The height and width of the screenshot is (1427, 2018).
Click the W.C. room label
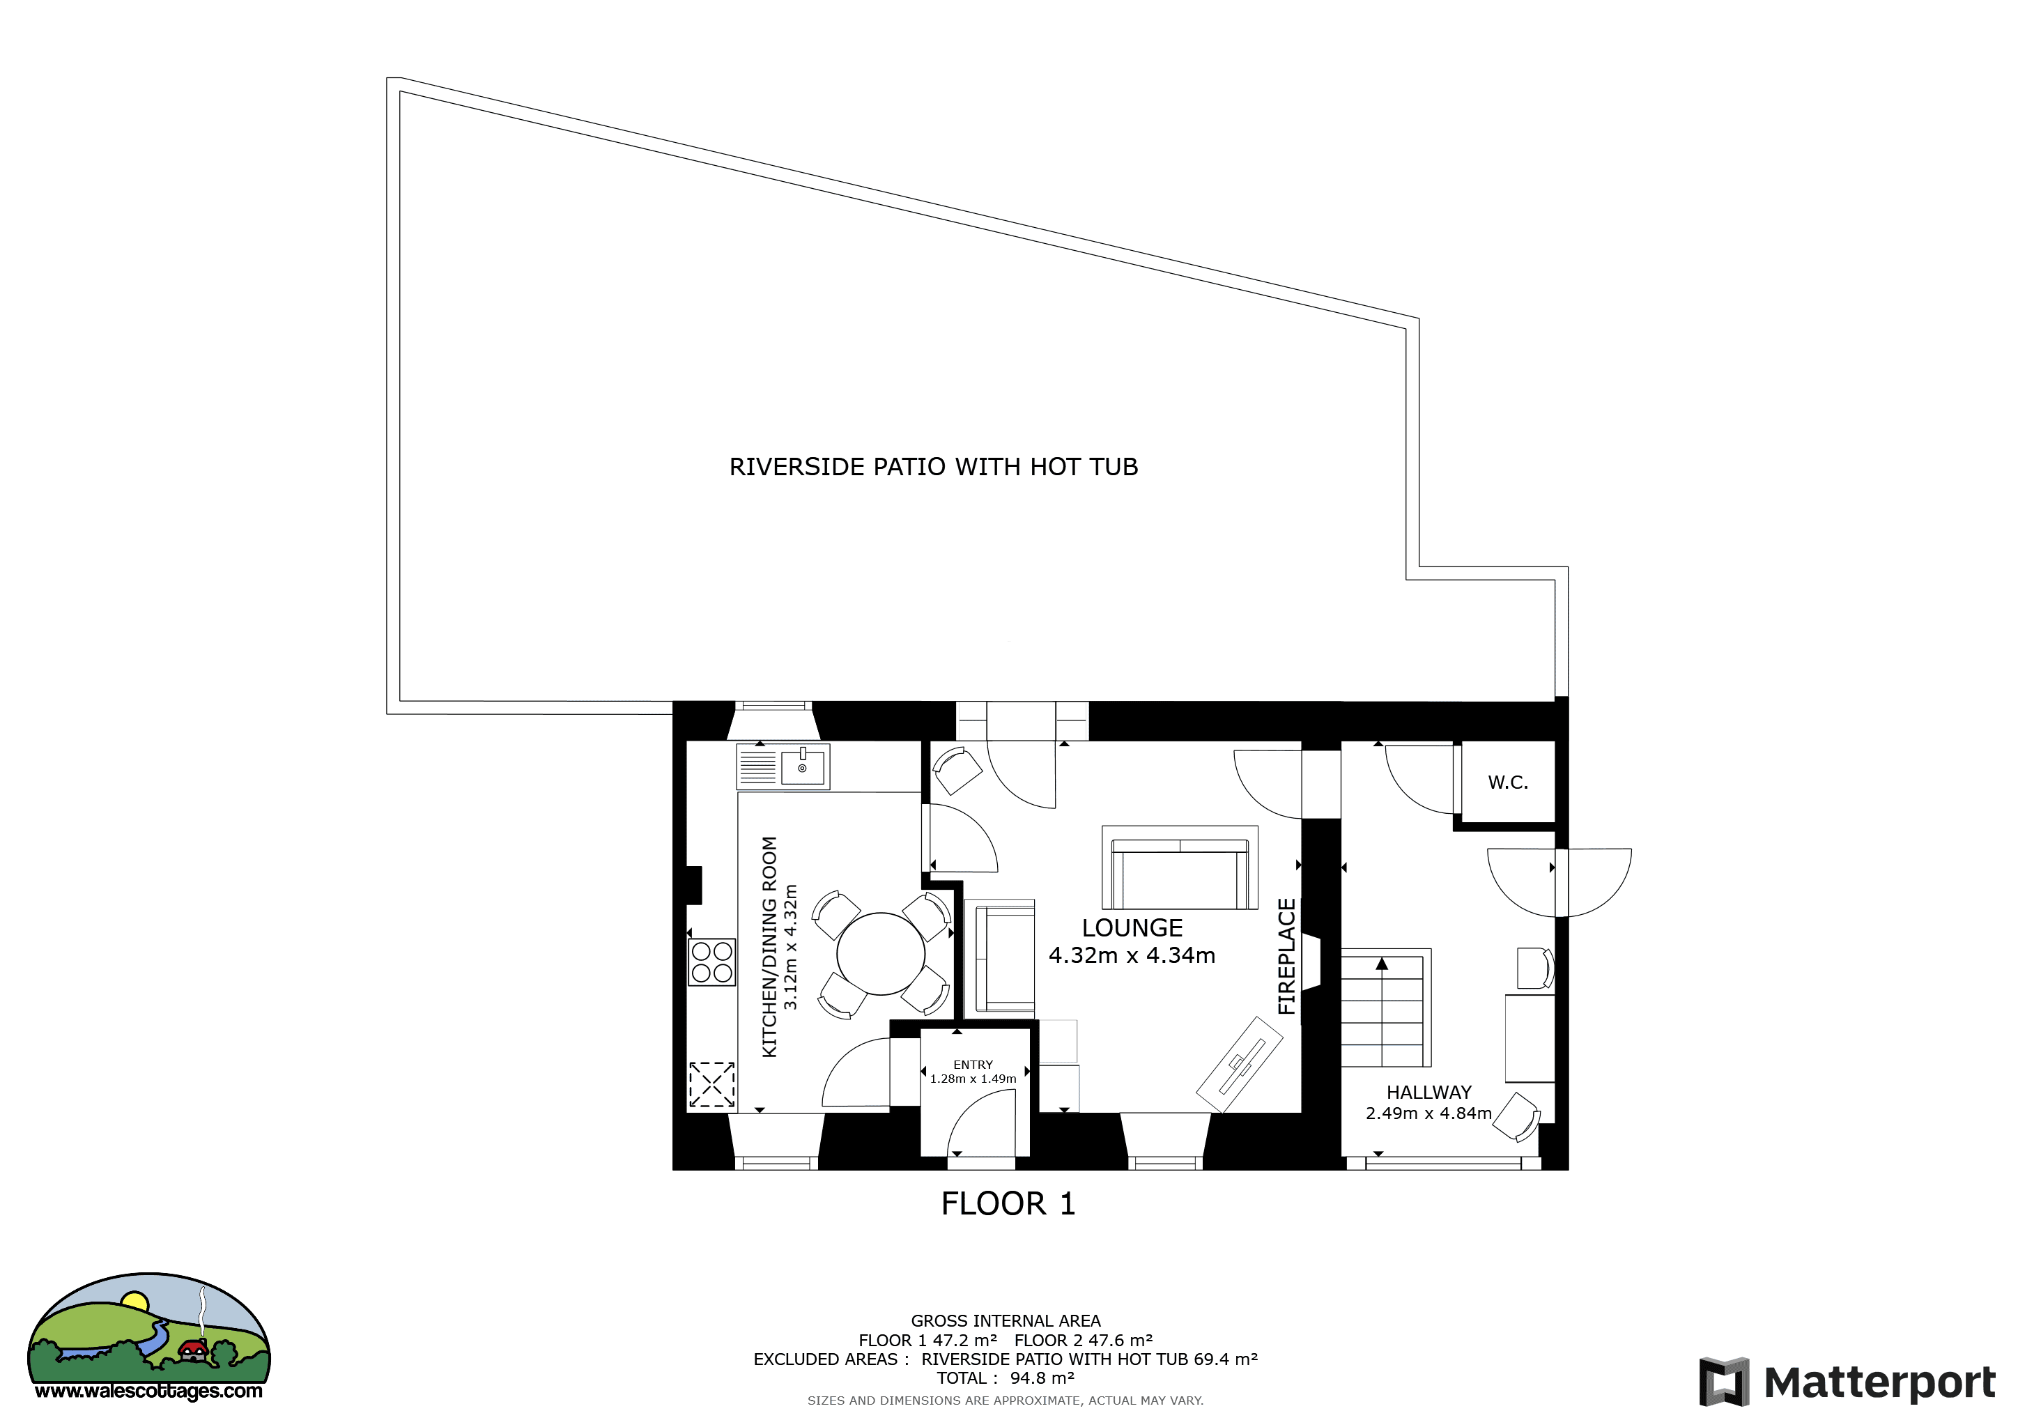1507,782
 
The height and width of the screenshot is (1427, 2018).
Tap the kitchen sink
783,766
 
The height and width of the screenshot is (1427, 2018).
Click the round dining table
881,953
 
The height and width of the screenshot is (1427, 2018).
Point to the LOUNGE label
1132,928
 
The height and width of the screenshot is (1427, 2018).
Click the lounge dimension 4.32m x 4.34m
1132,955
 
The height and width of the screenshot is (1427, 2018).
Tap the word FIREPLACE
1287,956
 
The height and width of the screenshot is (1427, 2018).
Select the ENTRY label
973,1064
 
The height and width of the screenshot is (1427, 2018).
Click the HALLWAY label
1429,1093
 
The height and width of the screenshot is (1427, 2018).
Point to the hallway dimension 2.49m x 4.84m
1429,1113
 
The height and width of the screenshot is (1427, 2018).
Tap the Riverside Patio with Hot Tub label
934,467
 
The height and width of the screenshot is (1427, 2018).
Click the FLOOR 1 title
1008,1204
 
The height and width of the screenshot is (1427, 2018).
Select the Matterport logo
1847,1382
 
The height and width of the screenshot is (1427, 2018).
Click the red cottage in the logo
192,1350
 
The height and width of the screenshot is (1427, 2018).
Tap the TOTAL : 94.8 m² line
1006,1378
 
